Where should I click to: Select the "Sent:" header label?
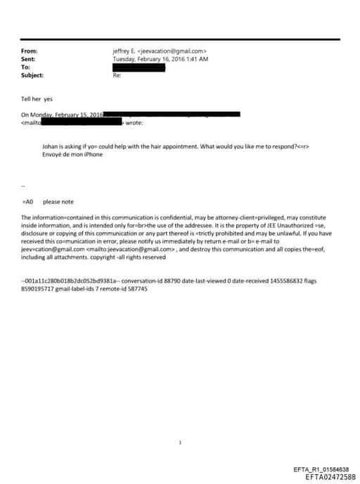(x=29, y=59)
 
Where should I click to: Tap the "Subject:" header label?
(x=32, y=75)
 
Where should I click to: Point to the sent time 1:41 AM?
(x=197, y=59)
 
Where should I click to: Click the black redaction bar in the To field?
(x=139, y=68)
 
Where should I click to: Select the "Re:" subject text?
(x=117, y=75)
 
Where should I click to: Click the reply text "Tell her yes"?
(x=37, y=99)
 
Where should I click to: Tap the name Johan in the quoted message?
(x=51, y=146)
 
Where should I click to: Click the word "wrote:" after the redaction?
(x=134, y=123)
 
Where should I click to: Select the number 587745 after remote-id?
(x=134, y=289)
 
